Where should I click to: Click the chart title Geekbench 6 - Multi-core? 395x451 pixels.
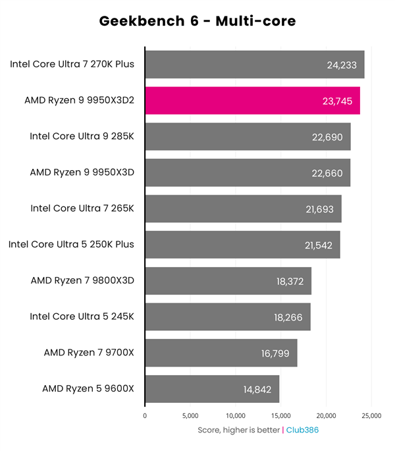[x=197, y=21]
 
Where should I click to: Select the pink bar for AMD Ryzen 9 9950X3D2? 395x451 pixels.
[x=252, y=101]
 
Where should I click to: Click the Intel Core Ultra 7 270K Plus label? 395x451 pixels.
[x=72, y=65]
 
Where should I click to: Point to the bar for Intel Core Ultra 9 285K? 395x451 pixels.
[x=248, y=136]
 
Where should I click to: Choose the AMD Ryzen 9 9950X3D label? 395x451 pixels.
[x=82, y=173]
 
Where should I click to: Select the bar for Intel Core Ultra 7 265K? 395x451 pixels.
[x=243, y=208]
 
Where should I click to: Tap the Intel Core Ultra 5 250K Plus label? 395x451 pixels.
[x=71, y=245]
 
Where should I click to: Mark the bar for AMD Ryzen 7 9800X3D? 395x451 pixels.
[x=228, y=281]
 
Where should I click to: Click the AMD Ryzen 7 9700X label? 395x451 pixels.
[x=88, y=353]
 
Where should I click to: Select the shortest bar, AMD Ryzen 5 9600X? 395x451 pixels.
[x=212, y=389]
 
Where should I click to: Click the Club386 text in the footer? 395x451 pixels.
[x=302, y=430]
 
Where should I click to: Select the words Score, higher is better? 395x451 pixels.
[x=239, y=430]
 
